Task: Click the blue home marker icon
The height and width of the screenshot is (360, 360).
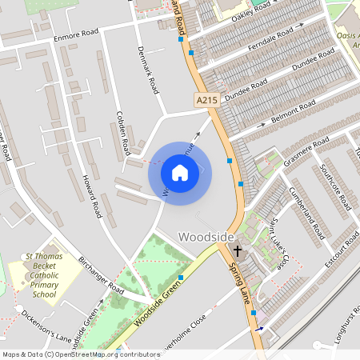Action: [180, 172]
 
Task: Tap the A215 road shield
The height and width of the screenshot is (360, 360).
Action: [205, 99]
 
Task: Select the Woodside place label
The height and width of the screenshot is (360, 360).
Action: [206, 237]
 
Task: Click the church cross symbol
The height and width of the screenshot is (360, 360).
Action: [236, 251]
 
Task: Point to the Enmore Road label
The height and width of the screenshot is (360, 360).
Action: [76, 36]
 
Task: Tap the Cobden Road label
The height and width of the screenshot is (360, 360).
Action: [123, 132]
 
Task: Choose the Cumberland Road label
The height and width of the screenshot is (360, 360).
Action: [306, 213]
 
